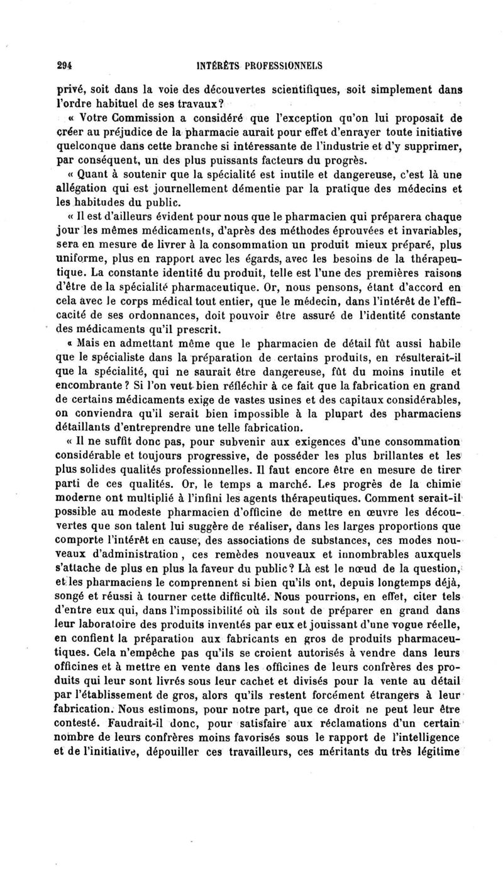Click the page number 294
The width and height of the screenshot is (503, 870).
(63, 64)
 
